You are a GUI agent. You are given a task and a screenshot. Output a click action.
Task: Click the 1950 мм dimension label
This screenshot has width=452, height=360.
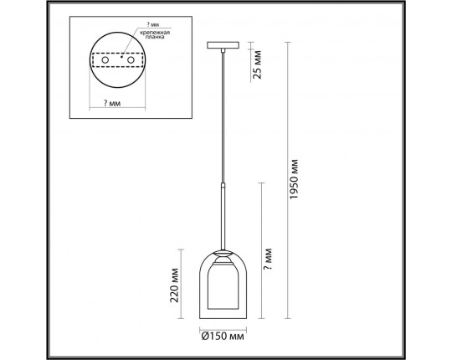tap(294, 179)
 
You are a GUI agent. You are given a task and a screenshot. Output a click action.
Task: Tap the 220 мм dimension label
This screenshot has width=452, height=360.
tap(174, 285)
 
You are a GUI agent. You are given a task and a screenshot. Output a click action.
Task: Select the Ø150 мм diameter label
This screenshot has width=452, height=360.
tap(223, 337)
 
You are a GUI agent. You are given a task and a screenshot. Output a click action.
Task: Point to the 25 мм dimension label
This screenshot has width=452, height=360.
tap(257, 64)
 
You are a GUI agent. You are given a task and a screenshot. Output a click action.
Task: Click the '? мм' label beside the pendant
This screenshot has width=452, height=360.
tap(268, 259)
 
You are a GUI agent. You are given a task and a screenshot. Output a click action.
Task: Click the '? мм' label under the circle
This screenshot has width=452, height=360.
tap(112, 103)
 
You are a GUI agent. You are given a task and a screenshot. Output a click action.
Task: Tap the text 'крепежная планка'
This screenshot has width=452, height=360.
tap(155, 34)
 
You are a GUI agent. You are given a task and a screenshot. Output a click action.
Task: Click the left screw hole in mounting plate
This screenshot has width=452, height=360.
tap(105, 60)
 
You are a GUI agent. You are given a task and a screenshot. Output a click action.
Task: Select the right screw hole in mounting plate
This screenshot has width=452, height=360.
tap(131, 60)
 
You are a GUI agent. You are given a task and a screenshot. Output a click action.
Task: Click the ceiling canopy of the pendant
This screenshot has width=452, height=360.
tap(223, 45)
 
